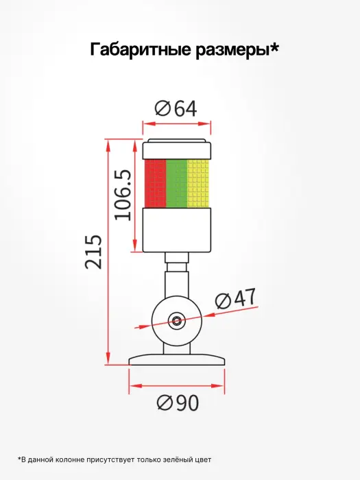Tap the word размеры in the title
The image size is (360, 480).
click(x=233, y=51)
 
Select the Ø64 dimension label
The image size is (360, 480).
click(x=176, y=108)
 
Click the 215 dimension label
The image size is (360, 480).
click(x=93, y=252)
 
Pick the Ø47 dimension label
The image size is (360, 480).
click(x=235, y=298)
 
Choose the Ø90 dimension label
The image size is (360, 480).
click(x=178, y=403)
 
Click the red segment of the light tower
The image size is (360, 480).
click(x=155, y=183)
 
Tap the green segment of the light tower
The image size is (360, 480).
click(x=176, y=183)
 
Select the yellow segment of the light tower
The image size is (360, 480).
click(x=197, y=183)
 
